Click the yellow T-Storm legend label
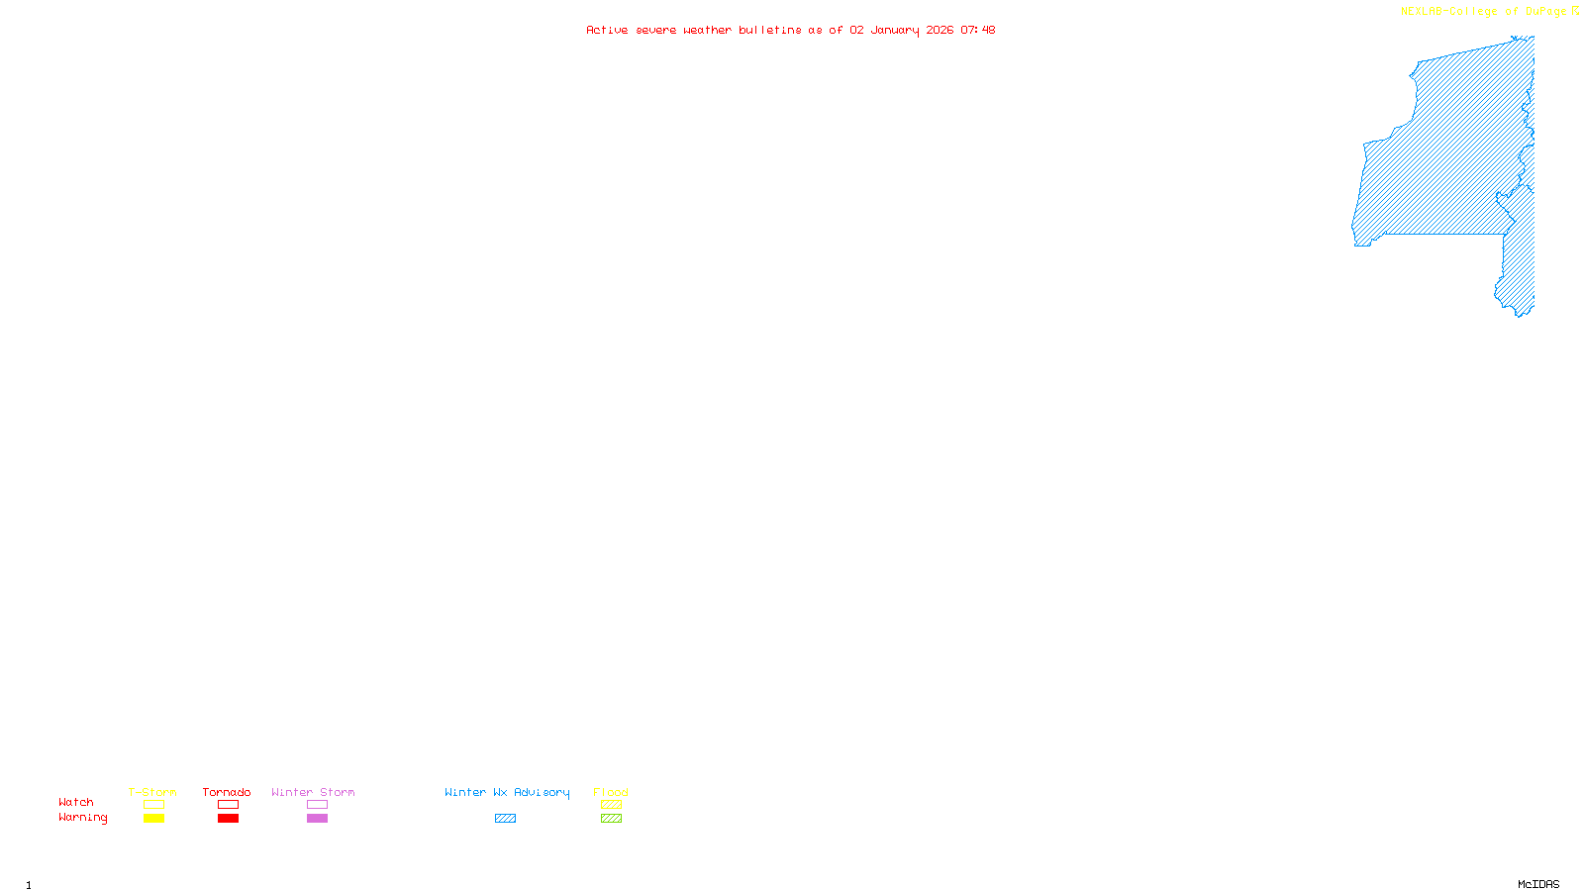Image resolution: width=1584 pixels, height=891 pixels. point(152,792)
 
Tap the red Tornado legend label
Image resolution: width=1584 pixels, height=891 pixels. point(227,792)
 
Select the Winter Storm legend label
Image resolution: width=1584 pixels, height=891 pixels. point(313,792)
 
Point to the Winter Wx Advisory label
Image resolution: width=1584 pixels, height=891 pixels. point(507,792)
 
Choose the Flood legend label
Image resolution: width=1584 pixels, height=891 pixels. point(611,792)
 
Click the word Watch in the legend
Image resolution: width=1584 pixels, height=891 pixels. point(76,802)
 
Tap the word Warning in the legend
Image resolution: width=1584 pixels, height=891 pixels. point(82,818)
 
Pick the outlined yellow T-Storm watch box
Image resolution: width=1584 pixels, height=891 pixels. point(153,805)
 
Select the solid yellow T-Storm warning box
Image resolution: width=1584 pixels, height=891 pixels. point(153,819)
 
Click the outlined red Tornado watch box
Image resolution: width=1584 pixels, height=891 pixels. point(228,805)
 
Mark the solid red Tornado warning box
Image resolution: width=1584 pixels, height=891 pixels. point(228,819)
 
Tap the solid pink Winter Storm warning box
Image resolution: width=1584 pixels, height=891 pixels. point(317,819)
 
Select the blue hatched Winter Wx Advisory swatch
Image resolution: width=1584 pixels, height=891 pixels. point(505,819)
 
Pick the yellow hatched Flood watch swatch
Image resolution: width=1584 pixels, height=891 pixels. point(611,805)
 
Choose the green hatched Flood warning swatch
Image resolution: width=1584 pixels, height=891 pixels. point(611,819)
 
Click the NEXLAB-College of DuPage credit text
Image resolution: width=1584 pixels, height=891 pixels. point(1484,12)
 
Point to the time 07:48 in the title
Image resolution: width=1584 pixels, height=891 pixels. point(978,30)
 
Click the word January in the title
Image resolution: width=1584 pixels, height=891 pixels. point(895,30)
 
